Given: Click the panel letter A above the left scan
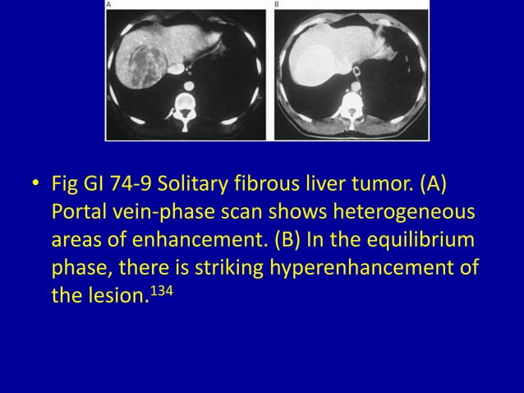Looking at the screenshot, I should click(109, 4).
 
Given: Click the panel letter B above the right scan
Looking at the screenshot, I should click(277, 4).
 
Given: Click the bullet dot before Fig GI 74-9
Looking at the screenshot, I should click(34, 183).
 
